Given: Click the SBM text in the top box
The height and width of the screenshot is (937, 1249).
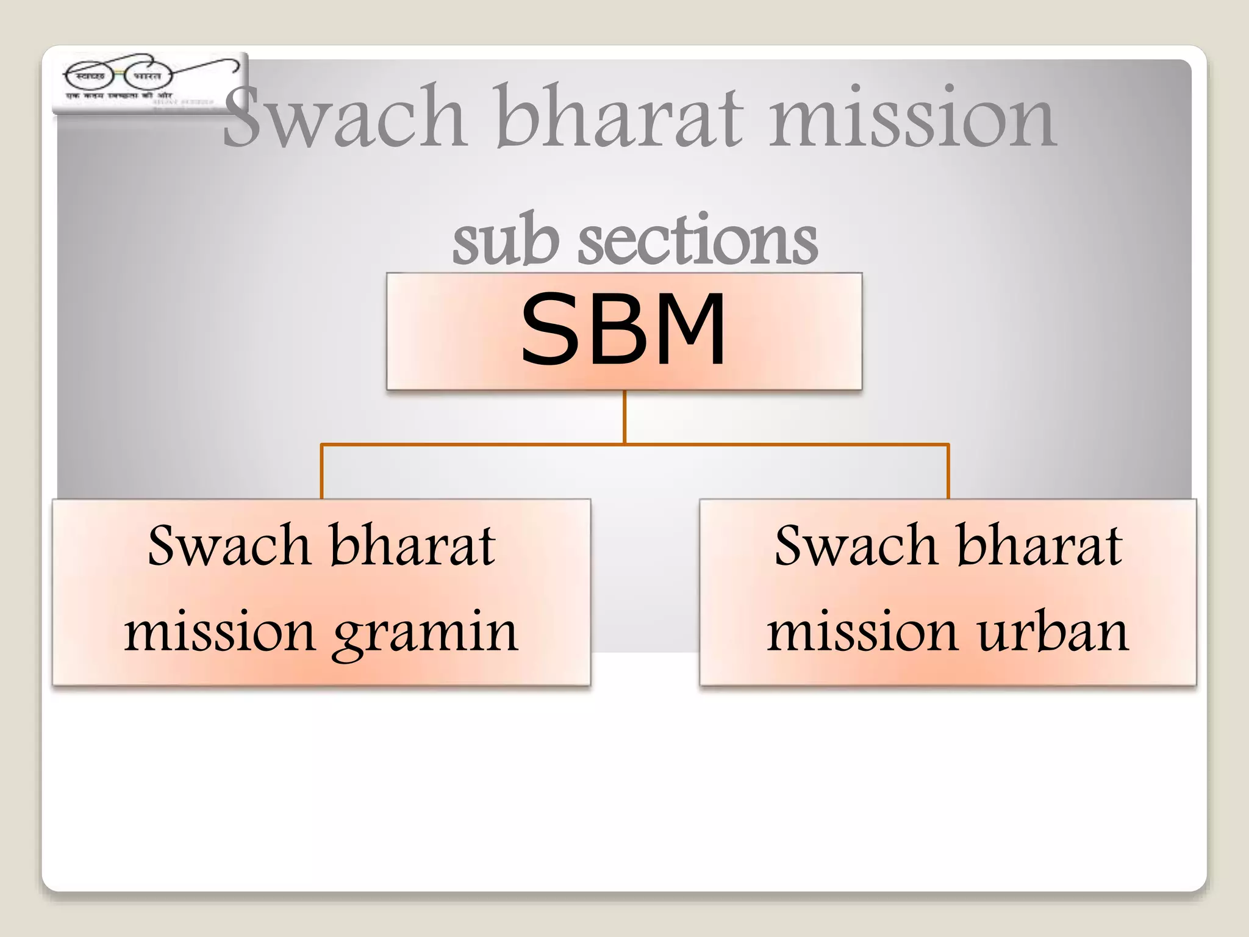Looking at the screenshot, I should coord(623,329).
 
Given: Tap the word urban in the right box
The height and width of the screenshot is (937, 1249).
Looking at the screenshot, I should coord(1053,632).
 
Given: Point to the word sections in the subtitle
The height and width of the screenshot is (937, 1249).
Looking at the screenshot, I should coord(698,240).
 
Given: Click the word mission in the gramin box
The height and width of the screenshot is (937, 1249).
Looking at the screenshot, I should coord(220,632).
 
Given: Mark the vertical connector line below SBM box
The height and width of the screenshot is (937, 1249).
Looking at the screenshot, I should coord(624,417).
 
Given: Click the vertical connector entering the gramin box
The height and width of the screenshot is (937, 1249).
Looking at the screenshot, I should coord(322,472).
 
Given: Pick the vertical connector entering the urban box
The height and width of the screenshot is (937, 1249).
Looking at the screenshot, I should coord(948,472).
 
